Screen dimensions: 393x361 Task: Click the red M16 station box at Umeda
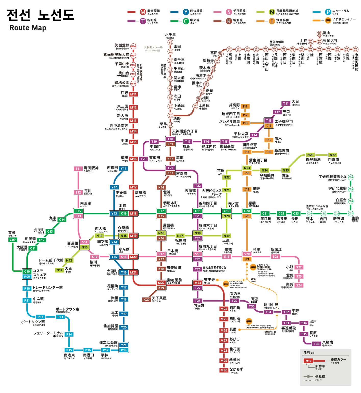tap(133, 159)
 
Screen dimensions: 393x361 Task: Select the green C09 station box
tap(13, 240)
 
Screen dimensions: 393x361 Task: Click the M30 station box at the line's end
tap(224, 370)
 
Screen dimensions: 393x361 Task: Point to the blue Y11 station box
tap(123, 169)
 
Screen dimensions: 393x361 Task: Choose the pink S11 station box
tap(78, 169)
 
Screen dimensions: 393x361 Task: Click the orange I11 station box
tap(245, 106)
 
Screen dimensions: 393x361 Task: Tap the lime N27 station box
tap(333, 155)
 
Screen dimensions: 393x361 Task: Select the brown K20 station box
tap(146, 300)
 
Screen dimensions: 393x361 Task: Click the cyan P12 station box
tap(40, 317)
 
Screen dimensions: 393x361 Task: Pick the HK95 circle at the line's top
tap(170, 42)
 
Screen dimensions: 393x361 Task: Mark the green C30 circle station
tap(351, 177)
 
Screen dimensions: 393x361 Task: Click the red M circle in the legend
tap(143, 12)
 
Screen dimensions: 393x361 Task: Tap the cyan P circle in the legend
tap(328, 12)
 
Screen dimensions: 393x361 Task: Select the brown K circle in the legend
tap(229, 21)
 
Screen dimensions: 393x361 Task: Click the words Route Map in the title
tap(28, 28)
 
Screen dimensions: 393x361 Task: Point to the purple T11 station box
tap(286, 103)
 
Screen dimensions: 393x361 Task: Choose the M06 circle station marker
tap(133, 46)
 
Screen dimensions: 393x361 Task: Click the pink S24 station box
tap(299, 285)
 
